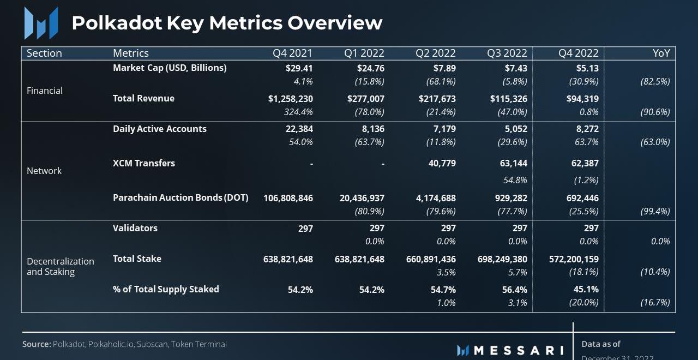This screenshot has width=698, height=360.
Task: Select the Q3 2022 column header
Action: point(507,53)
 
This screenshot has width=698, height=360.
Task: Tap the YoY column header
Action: point(661,53)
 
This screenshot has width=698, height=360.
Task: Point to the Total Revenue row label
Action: point(143,98)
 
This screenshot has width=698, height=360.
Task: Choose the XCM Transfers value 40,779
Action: point(442,163)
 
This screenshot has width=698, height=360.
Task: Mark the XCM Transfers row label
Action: point(144,163)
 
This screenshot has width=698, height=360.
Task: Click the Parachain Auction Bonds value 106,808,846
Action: point(288,198)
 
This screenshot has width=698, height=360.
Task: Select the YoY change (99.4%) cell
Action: point(655,211)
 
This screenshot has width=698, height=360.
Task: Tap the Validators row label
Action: point(135,228)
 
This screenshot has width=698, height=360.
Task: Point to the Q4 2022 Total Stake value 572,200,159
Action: point(574,259)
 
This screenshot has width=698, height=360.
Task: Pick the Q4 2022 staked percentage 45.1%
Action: point(586,290)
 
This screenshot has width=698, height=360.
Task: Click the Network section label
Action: point(44,171)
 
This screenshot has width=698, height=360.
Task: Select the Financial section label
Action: point(45,91)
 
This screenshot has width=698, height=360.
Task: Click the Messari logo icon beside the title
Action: point(41,23)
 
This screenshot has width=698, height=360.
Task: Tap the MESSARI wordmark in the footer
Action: point(518,350)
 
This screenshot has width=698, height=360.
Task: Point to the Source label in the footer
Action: point(37,344)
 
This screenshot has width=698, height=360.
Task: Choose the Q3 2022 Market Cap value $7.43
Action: point(516,68)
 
